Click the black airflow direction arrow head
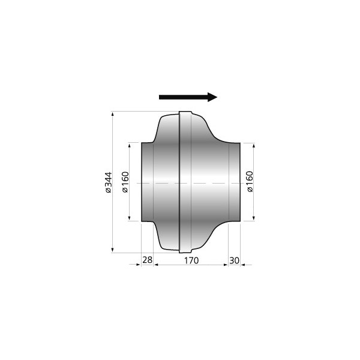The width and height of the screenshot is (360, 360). (x=212, y=97)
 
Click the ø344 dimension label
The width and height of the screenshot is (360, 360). (x=108, y=182)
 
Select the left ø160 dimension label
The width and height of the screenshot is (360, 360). (x=125, y=182)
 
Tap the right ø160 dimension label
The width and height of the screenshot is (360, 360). (x=250, y=182)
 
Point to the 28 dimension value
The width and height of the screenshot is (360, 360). (x=147, y=260)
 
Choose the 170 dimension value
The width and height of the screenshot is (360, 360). (x=191, y=260)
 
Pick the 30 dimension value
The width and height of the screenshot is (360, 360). (x=234, y=260)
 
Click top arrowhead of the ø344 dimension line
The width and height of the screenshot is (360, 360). (x=112, y=114)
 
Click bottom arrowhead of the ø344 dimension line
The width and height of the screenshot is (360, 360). (x=112, y=250)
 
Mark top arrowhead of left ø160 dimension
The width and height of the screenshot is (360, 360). (x=129, y=146)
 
